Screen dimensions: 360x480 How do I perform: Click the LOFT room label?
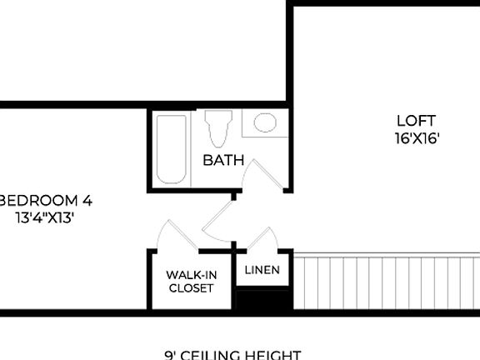click(417, 121)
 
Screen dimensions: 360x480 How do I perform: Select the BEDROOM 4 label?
click(46, 201)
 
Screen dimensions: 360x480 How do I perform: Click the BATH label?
click(223, 160)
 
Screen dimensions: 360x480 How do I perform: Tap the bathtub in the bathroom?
click(172, 150)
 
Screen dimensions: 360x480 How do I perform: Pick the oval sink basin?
click(265, 123)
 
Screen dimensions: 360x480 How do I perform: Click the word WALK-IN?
click(191, 274)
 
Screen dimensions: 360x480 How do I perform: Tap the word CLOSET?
click(191, 288)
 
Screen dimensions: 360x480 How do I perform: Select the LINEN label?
click(262, 270)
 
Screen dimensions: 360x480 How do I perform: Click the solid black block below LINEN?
click(263, 300)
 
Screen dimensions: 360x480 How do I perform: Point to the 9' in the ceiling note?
click(172, 355)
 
